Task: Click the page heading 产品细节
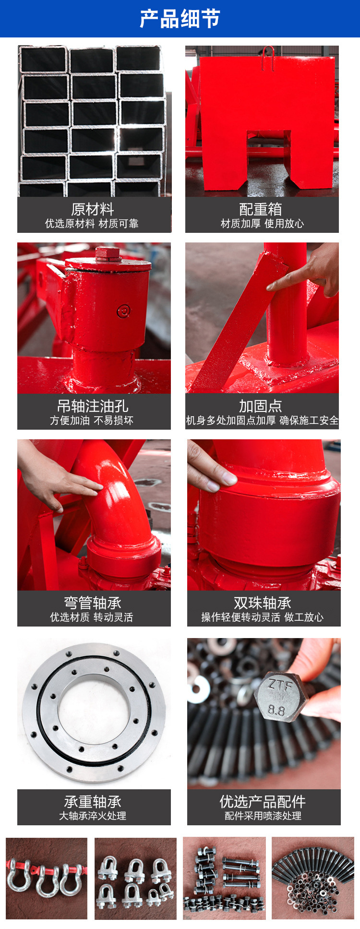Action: click(x=180, y=19)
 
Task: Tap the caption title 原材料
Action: click(x=93, y=209)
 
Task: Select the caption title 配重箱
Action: click(x=261, y=209)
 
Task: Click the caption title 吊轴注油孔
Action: click(x=93, y=406)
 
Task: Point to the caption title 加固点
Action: click(x=261, y=406)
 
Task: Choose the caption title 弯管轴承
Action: click(x=93, y=603)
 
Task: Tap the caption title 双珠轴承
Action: click(x=263, y=603)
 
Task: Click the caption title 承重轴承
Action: click(x=93, y=801)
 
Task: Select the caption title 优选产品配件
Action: click(x=263, y=801)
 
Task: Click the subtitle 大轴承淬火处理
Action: click(x=93, y=816)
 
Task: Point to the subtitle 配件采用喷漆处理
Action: click(x=263, y=816)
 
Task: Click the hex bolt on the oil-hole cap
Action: click(x=108, y=254)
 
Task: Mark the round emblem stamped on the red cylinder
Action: click(x=124, y=311)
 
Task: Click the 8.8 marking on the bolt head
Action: click(x=276, y=710)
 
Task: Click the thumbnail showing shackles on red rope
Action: click(x=47, y=878)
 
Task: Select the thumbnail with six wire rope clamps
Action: click(x=135, y=878)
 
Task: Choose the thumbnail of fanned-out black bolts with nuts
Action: click(x=313, y=878)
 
